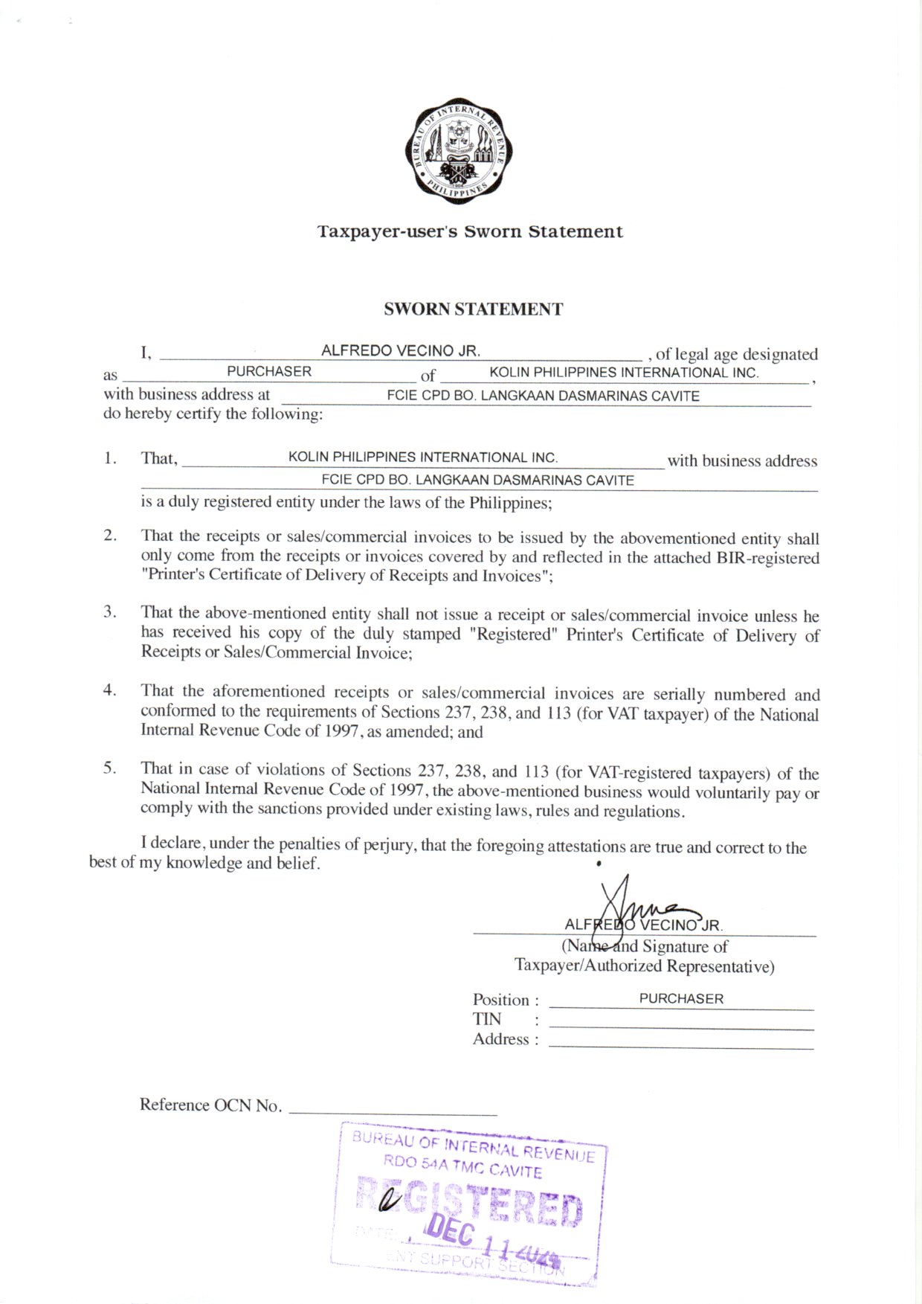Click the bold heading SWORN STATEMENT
473,309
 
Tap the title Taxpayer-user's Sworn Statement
470,232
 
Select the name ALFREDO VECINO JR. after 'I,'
400,351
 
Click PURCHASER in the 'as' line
269,371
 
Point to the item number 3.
109,612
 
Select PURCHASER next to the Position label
681,999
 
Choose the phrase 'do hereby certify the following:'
213,414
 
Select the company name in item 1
422,457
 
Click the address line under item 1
477,481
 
